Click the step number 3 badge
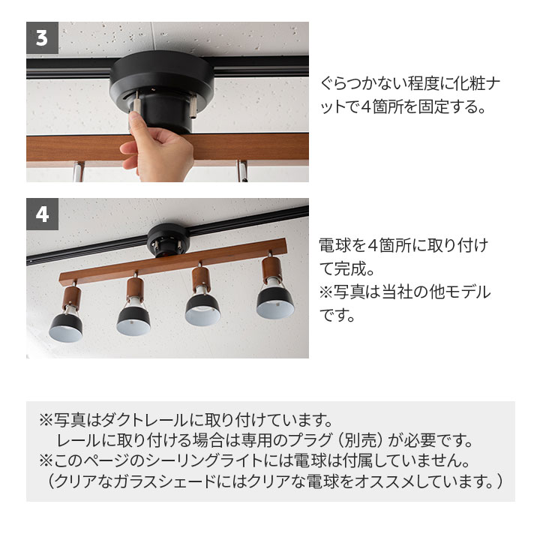coord(42,38)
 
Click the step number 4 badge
coord(42,214)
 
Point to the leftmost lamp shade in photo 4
coord(65,327)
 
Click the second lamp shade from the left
coord(133,319)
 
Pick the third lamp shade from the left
coord(201,309)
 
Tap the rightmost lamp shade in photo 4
coord(274,300)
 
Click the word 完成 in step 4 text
coord(358,268)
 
